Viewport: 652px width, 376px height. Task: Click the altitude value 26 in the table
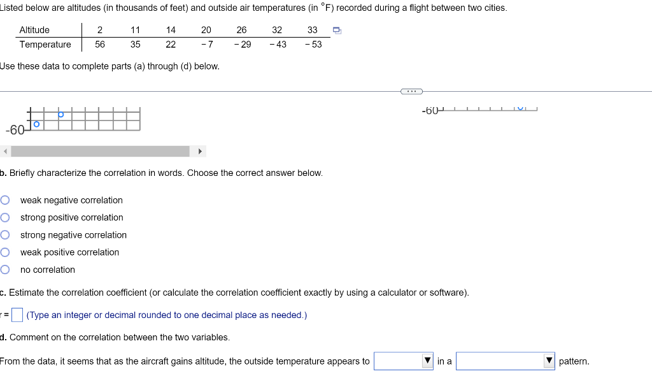click(x=241, y=30)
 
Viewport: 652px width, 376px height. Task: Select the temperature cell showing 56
click(x=100, y=45)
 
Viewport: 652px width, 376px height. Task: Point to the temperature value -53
click(x=313, y=45)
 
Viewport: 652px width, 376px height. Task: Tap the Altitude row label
click(x=34, y=30)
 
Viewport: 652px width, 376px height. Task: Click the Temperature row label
click(x=45, y=45)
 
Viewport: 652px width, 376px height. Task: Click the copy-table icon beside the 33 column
click(x=337, y=30)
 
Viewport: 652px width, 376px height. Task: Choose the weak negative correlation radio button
click(x=5, y=200)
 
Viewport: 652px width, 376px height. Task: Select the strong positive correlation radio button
click(x=5, y=217)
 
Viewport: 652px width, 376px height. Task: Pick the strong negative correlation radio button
click(x=5, y=235)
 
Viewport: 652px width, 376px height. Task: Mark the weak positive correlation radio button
click(x=5, y=252)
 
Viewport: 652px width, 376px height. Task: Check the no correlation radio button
click(x=5, y=270)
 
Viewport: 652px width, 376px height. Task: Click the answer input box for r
click(x=17, y=315)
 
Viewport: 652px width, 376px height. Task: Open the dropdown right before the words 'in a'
click(x=404, y=361)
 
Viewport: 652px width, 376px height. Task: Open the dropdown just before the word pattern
click(x=505, y=361)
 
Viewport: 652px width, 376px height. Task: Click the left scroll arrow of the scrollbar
click(x=5, y=152)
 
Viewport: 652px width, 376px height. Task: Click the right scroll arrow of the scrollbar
click(x=200, y=152)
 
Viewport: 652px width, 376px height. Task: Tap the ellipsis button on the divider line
click(x=411, y=91)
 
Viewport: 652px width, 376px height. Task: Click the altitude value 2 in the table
click(x=100, y=30)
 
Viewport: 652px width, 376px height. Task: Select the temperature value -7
click(x=206, y=45)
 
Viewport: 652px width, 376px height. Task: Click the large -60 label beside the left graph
click(x=15, y=130)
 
